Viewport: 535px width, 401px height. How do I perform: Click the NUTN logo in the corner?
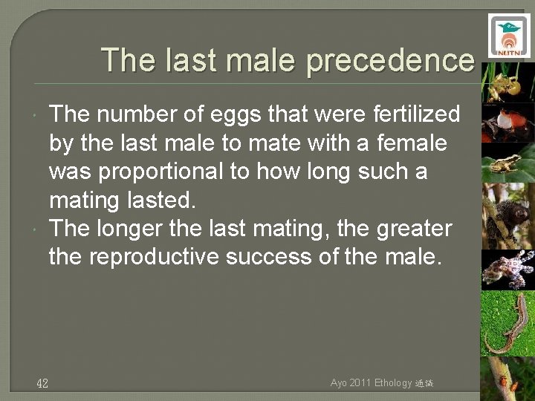pos(509,36)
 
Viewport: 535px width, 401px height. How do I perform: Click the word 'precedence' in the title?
pos(389,60)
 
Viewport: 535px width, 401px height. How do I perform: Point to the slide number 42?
pos(42,383)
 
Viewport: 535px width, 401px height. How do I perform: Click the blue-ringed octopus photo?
pos(508,270)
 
